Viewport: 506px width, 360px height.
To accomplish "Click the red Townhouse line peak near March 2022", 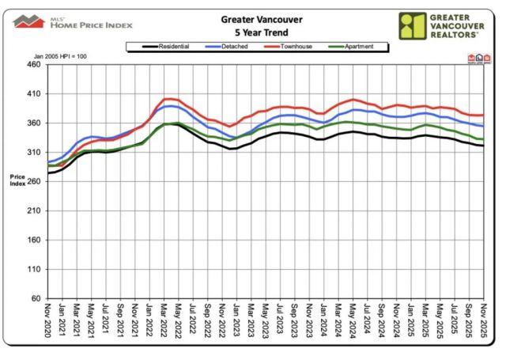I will (x=167, y=99).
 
